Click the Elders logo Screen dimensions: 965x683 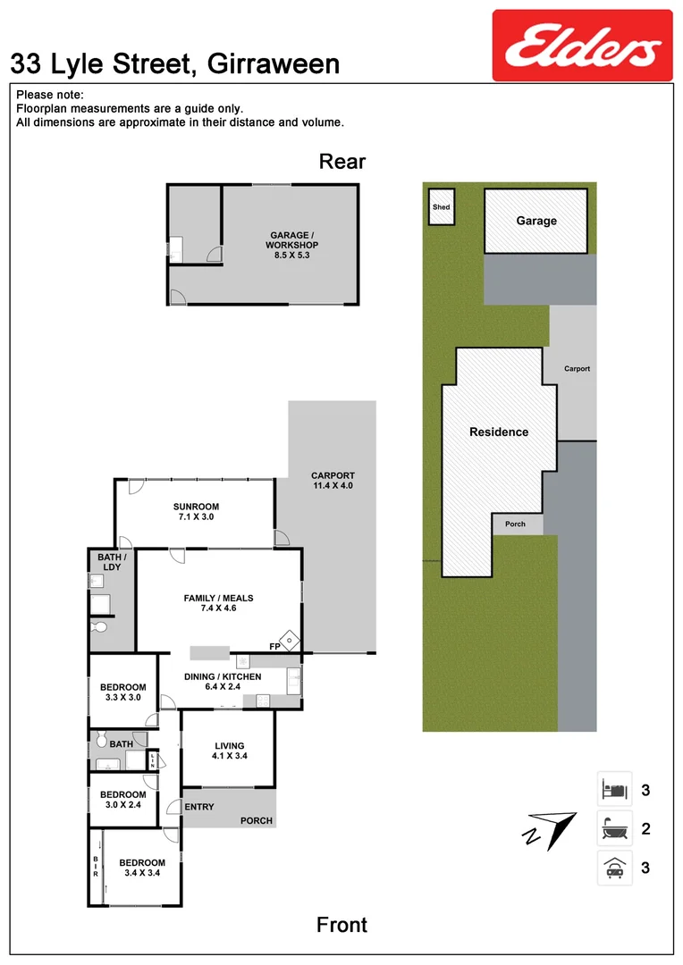coord(582,46)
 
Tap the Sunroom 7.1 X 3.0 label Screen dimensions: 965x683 coord(196,511)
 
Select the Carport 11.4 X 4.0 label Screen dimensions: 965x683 coord(333,481)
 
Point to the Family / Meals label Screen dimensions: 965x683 coord(218,604)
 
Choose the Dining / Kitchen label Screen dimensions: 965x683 coord(222,682)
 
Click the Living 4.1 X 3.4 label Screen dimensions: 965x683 coord(229,751)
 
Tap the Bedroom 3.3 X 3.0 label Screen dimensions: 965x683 coord(122,692)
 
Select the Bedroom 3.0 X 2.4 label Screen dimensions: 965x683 coord(122,800)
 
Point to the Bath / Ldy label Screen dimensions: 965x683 coord(112,562)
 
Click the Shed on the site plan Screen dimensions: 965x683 coord(441,207)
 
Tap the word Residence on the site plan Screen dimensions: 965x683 coord(499,432)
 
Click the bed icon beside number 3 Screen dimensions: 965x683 coord(614,790)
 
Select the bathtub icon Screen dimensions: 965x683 coord(614,829)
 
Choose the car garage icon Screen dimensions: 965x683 coord(614,868)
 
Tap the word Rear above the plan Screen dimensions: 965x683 coord(342,162)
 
